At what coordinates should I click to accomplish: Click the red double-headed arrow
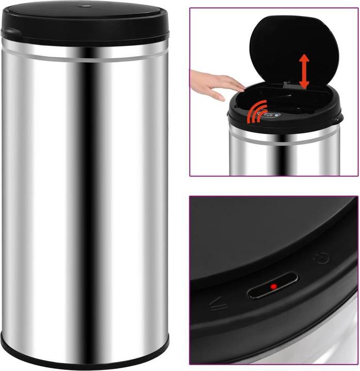coord(304,72)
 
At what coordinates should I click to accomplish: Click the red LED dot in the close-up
coord(273,286)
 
